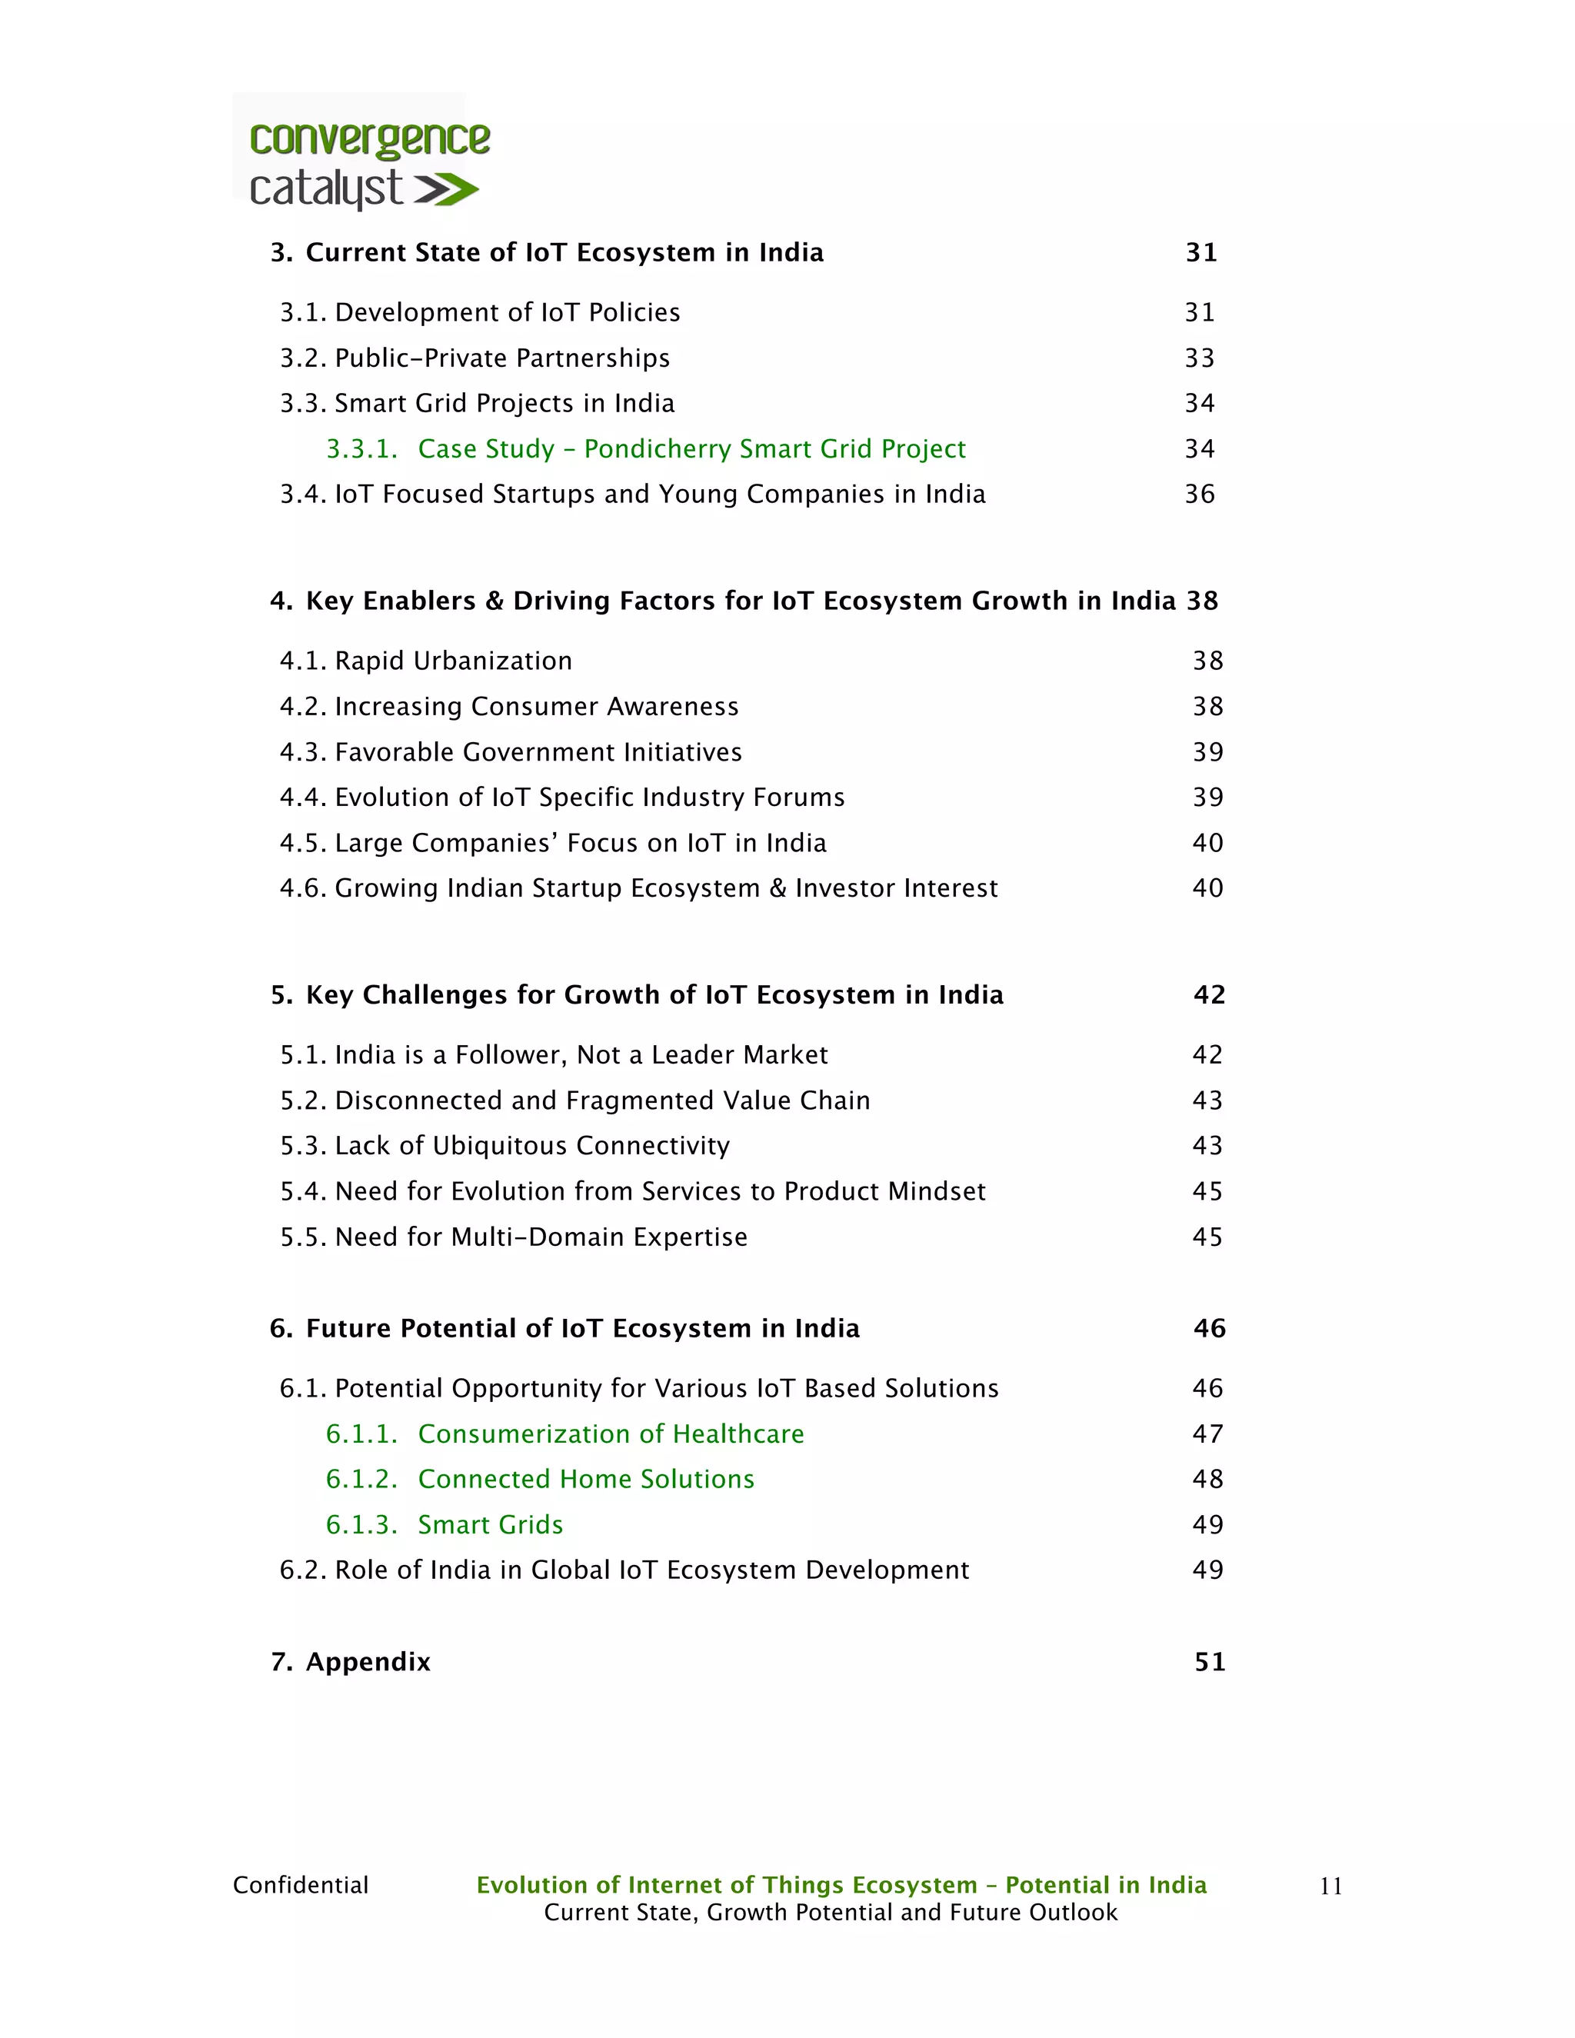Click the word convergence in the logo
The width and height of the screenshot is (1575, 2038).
[369, 140]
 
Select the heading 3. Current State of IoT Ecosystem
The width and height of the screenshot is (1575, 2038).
[547, 253]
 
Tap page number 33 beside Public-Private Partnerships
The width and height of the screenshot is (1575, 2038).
[1199, 358]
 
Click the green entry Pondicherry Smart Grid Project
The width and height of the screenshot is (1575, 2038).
[691, 449]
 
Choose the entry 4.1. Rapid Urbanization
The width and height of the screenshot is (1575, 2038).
[426, 661]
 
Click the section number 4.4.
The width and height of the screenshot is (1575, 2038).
[302, 798]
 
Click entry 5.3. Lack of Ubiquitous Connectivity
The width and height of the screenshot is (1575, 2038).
[504, 1146]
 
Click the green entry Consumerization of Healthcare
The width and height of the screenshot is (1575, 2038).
[610, 1434]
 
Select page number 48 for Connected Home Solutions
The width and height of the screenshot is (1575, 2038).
[1207, 1479]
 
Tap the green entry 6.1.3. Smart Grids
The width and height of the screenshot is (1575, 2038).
[445, 1525]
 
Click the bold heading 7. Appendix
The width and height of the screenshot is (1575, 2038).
[351, 1662]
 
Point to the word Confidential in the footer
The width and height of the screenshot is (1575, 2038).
[301, 1885]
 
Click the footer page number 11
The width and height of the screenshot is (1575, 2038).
[1330, 1886]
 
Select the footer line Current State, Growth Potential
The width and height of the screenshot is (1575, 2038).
[831, 1912]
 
